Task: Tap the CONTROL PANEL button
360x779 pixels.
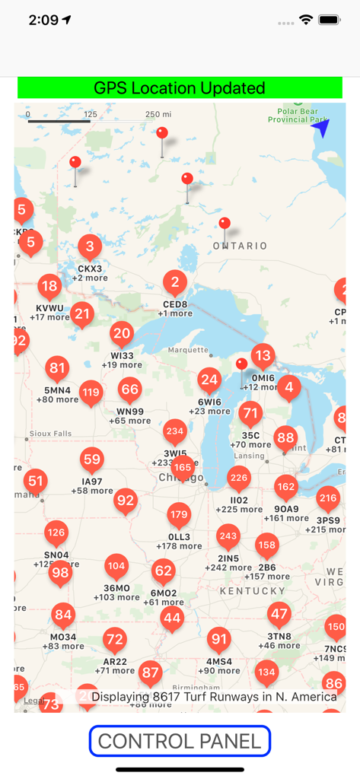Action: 180,741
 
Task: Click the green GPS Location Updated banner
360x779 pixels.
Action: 180,88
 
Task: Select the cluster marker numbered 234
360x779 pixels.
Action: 175,431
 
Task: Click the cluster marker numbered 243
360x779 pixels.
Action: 228,536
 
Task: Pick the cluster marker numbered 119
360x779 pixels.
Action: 91,393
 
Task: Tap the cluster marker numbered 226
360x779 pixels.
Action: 239,479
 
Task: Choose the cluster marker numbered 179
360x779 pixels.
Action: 179,515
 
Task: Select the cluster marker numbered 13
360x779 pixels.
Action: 263,355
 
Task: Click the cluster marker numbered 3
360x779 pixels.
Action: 91,246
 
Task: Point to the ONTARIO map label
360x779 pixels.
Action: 240,246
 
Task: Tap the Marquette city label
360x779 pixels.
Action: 187,351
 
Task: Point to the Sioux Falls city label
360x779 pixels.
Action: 50,434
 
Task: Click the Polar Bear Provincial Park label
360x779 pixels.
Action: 298,116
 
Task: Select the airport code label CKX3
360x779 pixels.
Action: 91,269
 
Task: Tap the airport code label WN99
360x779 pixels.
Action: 130,412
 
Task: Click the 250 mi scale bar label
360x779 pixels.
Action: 158,114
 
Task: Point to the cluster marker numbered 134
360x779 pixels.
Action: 266,672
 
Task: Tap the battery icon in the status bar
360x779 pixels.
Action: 330,20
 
